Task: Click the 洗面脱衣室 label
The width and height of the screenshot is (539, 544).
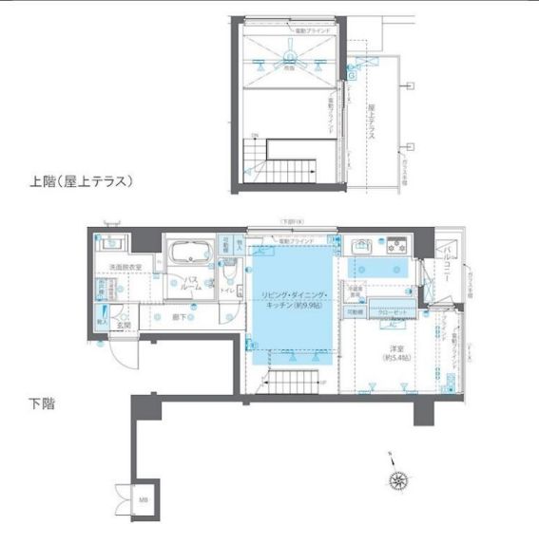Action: coord(125,269)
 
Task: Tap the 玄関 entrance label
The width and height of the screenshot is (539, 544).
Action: coord(124,325)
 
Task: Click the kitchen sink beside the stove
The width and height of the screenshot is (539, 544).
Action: coord(360,249)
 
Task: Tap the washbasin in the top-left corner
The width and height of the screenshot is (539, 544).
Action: coord(111,243)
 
